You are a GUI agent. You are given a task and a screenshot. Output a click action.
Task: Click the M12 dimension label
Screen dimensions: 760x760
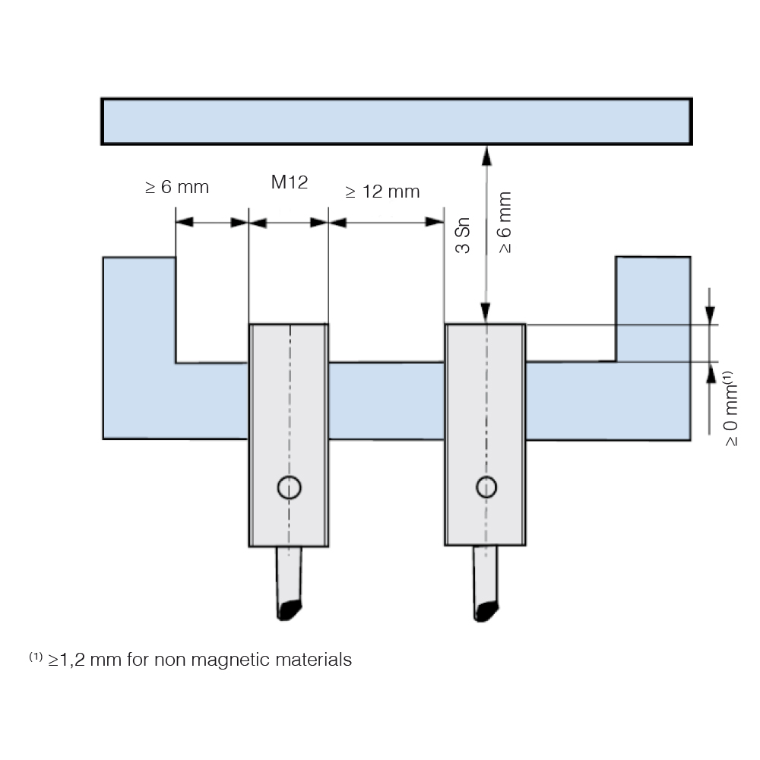[290, 182]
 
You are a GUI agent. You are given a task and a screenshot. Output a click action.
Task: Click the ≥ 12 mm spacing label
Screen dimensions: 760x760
[382, 192]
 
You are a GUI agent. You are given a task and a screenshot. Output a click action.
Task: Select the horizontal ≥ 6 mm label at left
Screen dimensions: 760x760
[177, 187]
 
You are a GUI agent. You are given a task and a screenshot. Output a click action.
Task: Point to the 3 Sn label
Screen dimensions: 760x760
[463, 236]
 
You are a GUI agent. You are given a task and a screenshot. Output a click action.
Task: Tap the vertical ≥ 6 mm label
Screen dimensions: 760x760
[505, 223]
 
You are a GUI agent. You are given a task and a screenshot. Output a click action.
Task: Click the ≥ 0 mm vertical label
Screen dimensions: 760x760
[730, 409]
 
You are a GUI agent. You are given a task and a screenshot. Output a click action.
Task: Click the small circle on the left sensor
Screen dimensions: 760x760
[290, 487]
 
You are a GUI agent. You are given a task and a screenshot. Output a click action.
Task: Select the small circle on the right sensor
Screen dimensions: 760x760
[486, 487]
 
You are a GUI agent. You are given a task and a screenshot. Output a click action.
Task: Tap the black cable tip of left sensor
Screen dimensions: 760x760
[290, 610]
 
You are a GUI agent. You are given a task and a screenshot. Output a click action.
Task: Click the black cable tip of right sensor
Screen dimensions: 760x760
[486, 611]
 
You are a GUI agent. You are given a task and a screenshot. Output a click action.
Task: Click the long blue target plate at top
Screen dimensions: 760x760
[397, 121]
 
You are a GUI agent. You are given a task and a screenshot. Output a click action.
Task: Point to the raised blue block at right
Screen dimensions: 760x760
[653, 309]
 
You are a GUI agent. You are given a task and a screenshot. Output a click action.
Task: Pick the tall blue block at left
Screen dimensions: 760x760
[139, 348]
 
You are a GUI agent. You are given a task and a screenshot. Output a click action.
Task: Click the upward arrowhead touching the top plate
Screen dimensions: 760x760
[486, 156]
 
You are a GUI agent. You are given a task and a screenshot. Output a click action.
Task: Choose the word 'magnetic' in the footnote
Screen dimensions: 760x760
[230, 660]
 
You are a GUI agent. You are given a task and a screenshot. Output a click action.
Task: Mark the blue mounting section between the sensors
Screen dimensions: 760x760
[386, 401]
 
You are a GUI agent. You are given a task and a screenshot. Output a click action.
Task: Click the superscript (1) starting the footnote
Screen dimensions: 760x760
[36, 657]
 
